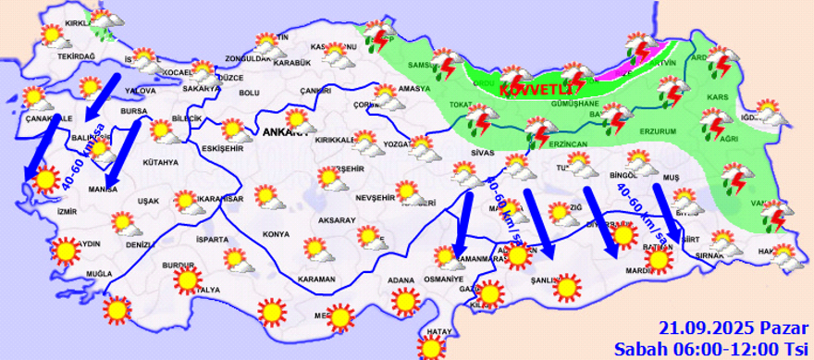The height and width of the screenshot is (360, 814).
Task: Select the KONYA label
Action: [x=276, y=234]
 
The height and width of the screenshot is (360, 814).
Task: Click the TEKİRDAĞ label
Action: [x=78, y=56]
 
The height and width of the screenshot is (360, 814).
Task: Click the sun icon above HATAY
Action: [x=431, y=346]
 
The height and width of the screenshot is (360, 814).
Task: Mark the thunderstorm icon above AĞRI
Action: [x=713, y=122]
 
